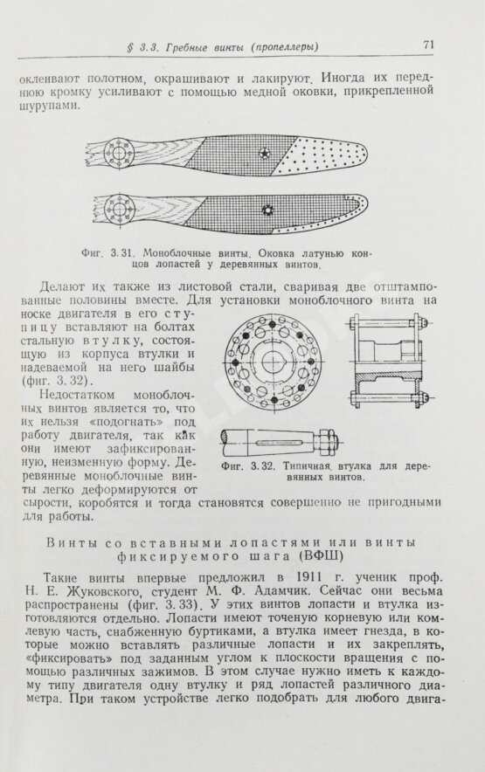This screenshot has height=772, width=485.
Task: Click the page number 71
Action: pos(428,45)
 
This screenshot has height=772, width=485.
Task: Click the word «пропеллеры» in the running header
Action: pos(284,47)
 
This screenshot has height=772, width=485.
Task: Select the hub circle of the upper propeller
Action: pos(119,154)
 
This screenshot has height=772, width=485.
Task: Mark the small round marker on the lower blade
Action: pos(267,210)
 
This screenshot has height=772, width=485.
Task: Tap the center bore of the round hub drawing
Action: pos(273,362)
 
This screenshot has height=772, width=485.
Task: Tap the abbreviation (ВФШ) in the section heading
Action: pos(319,556)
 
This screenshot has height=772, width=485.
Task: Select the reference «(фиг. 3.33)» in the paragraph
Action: pos(164,605)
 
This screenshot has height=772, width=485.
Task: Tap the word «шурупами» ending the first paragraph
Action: pos(48,106)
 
